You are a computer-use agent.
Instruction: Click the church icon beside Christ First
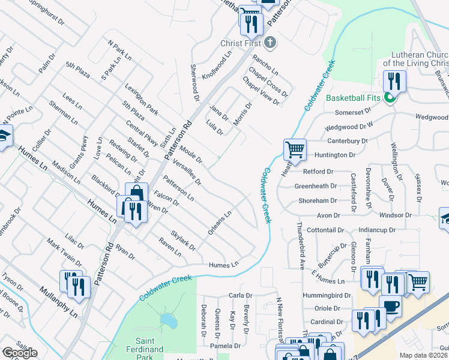click(x=271, y=43)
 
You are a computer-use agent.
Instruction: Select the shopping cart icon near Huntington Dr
click(x=295, y=149)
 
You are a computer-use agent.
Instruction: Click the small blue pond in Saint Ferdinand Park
click(x=169, y=321)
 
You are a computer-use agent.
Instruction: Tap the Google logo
click(x=20, y=353)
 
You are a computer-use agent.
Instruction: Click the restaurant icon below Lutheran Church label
click(x=394, y=80)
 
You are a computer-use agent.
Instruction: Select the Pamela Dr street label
click(x=225, y=346)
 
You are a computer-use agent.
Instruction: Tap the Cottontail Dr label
click(x=327, y=230)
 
